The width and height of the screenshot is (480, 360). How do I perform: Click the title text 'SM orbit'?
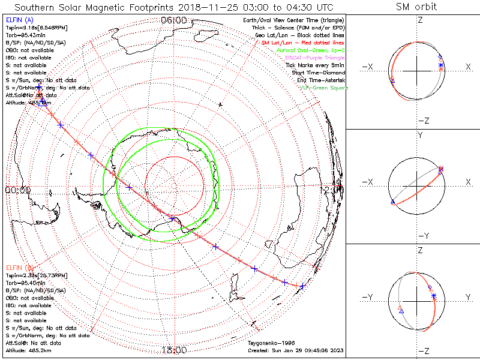[x=417, y=7]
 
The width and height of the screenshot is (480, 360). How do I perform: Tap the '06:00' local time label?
[x=174, y=20]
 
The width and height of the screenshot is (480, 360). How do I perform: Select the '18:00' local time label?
[x=175, y=350]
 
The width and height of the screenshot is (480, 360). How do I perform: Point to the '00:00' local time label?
[x=17, y=190]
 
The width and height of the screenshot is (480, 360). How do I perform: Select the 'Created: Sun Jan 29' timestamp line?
[x=295, y=350]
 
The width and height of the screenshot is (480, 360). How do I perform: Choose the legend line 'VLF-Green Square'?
[x=323, y=88]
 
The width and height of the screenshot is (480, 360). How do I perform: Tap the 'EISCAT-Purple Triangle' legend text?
[x=315, y=58]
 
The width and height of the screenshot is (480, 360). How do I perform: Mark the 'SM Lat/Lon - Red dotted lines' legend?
[x=303, y=43]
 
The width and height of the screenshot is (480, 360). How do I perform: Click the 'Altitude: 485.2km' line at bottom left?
[x=28, y=350]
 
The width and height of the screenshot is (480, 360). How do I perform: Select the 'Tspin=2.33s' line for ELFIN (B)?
[x=36, y=275]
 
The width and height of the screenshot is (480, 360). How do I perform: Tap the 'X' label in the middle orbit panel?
[x=467, y=182]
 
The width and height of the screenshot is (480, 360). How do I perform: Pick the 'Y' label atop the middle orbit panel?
[x=419, y=136]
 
